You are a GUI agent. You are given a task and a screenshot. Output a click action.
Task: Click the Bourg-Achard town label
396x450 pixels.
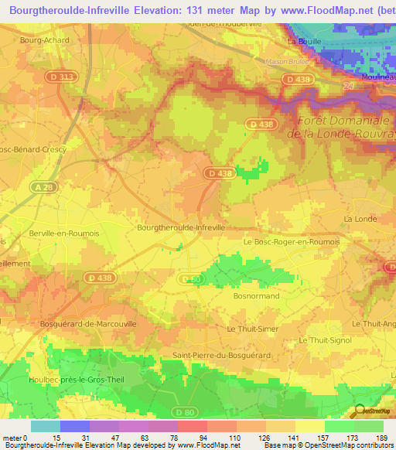pos(44,40)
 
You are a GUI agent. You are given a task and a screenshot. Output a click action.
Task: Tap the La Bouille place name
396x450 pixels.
pos(303,42)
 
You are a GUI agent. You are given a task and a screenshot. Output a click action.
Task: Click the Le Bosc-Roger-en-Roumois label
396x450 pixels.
pos(292,241)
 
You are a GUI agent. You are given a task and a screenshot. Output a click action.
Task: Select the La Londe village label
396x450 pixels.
pos(358,219)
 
